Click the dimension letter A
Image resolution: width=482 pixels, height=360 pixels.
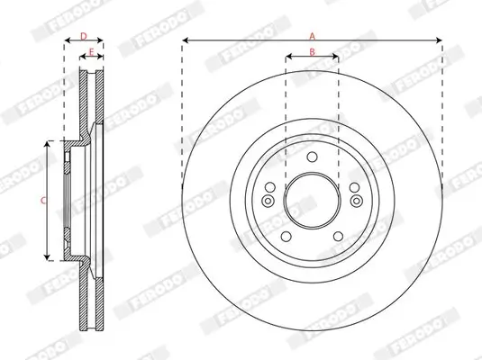coord(313,34)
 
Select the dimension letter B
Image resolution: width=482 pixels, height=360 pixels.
coord(312,51)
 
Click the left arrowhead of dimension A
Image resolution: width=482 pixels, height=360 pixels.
coord(185,41)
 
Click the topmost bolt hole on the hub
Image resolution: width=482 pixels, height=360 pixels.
coord(312,160)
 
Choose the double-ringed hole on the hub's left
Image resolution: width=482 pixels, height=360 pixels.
coord(268,200)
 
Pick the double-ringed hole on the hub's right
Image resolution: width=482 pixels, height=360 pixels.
coord(356,200)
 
